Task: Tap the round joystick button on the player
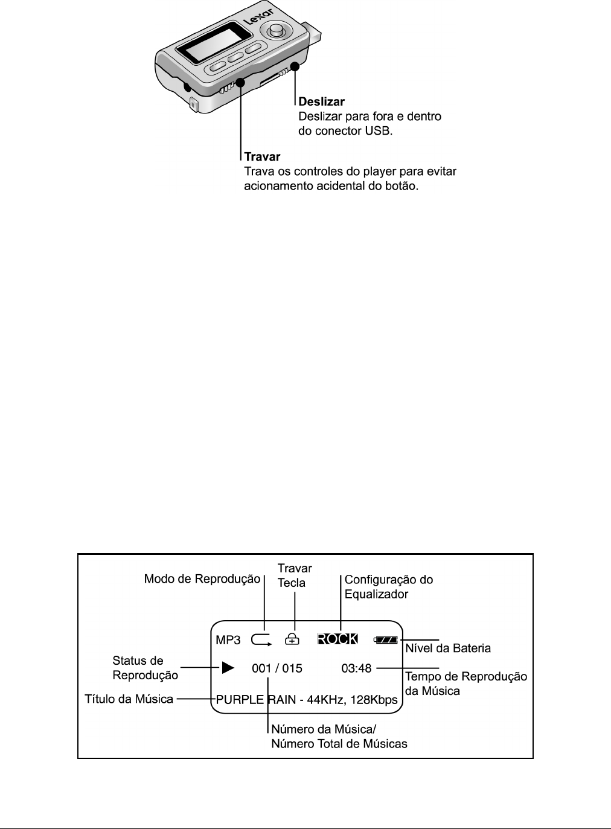[277, 29]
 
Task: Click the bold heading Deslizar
[322, 102]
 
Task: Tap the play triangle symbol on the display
[227, 668]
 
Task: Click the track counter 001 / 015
[277, 668]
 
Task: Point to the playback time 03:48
[356, 668]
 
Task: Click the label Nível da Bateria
[447, 648]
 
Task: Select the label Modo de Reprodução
[202, 579]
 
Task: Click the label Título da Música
[129, 699]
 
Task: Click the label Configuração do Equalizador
[388, 586]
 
